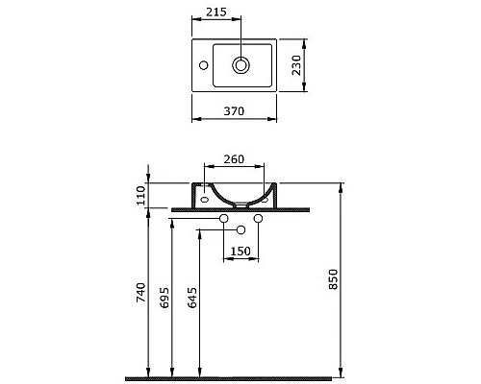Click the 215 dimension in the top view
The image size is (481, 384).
point(216,13)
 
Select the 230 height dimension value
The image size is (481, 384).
point(297,65)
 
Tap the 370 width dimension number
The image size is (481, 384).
point(234,110)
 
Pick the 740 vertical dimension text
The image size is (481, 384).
point(141,292)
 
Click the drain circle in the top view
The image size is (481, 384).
point(240,65)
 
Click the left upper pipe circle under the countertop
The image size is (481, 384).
point(223,220)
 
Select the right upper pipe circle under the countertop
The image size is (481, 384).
point(258,220)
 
